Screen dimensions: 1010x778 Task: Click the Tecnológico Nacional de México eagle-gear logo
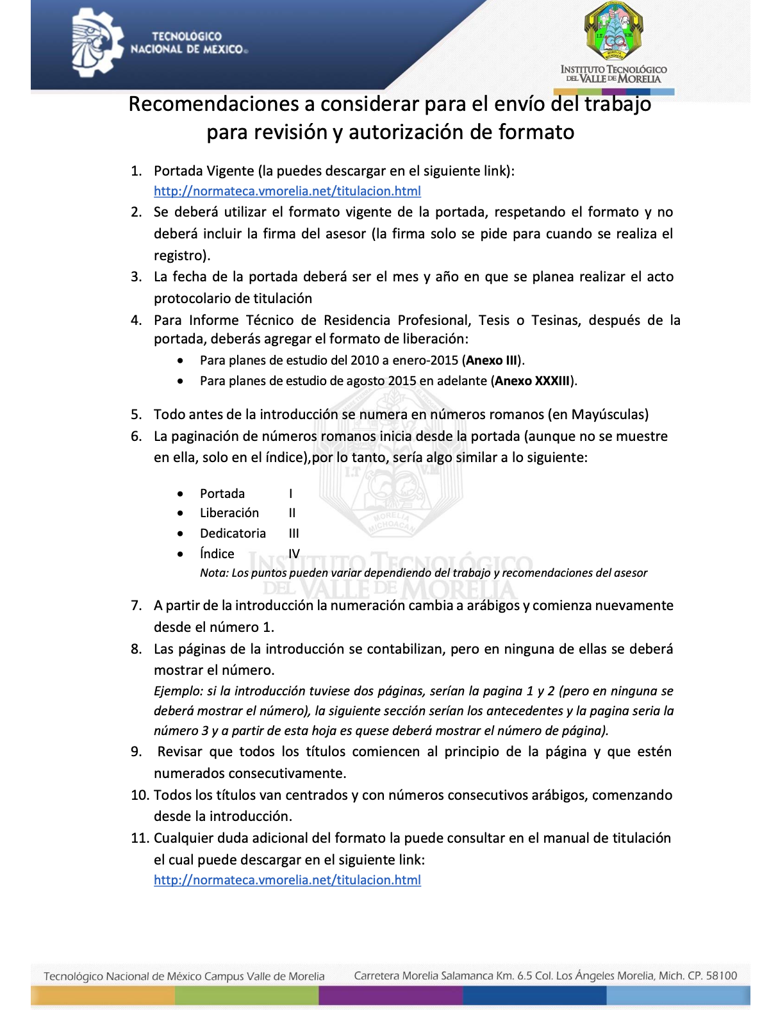[97, 44]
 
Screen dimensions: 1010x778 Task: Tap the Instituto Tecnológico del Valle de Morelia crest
[613, 32]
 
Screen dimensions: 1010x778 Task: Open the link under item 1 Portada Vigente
[287, 191]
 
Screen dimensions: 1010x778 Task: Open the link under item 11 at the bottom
[287, 880]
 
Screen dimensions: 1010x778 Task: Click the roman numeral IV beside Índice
[294, 554]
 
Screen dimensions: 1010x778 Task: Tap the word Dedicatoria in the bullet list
[233, 533]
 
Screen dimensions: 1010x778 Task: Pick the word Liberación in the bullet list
[229, 513]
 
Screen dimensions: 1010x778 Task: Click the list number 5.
[135, 415]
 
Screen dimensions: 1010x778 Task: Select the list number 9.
[135, 752]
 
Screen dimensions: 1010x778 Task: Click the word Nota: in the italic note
[214, 573]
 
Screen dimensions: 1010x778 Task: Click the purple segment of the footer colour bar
[390, 995]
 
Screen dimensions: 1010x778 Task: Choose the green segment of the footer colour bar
[247, 995]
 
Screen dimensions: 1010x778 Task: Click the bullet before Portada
[181, 493]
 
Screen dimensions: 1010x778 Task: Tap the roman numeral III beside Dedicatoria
[294, 533]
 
